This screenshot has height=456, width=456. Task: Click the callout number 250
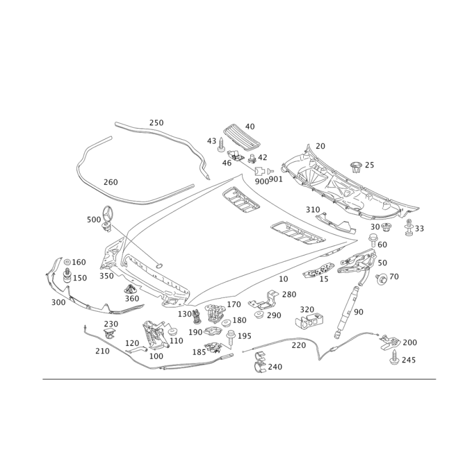click(x=156, y=123)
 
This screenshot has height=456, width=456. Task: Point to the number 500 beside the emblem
click(x=92, y=219)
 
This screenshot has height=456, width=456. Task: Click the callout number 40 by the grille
click(x=250, y=127)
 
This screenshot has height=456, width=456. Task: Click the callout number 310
click(x=312, y=210)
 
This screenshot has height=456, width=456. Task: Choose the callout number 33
click(x=419, y=228)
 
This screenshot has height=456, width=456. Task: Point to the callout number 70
click(x=394, y=276)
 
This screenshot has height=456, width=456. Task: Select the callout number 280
click(x=290, y=294)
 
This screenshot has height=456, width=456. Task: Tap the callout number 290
click(x=274, y=315)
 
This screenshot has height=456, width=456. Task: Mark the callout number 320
click(x=308, y=310)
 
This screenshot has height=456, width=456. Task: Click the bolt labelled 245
click(x=394, y=358)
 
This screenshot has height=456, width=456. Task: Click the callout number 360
click(x=132, y=299)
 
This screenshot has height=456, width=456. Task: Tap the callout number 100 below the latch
click(x=156, y=355)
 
